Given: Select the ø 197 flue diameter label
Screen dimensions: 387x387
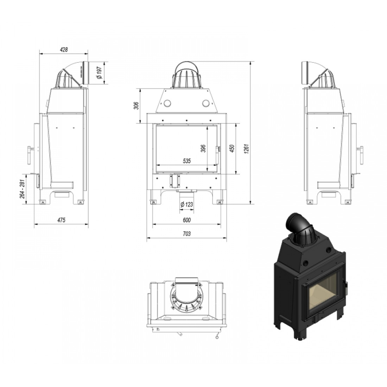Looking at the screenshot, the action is (x=100, y=72).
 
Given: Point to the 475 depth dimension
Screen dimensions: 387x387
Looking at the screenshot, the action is (x=61, y=220).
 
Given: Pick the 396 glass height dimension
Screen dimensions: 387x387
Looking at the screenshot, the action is (x=203, y=148).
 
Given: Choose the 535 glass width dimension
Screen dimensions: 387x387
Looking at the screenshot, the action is (x=187, y=161).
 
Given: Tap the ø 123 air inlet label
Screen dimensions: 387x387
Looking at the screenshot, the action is (x=186, y=205).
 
